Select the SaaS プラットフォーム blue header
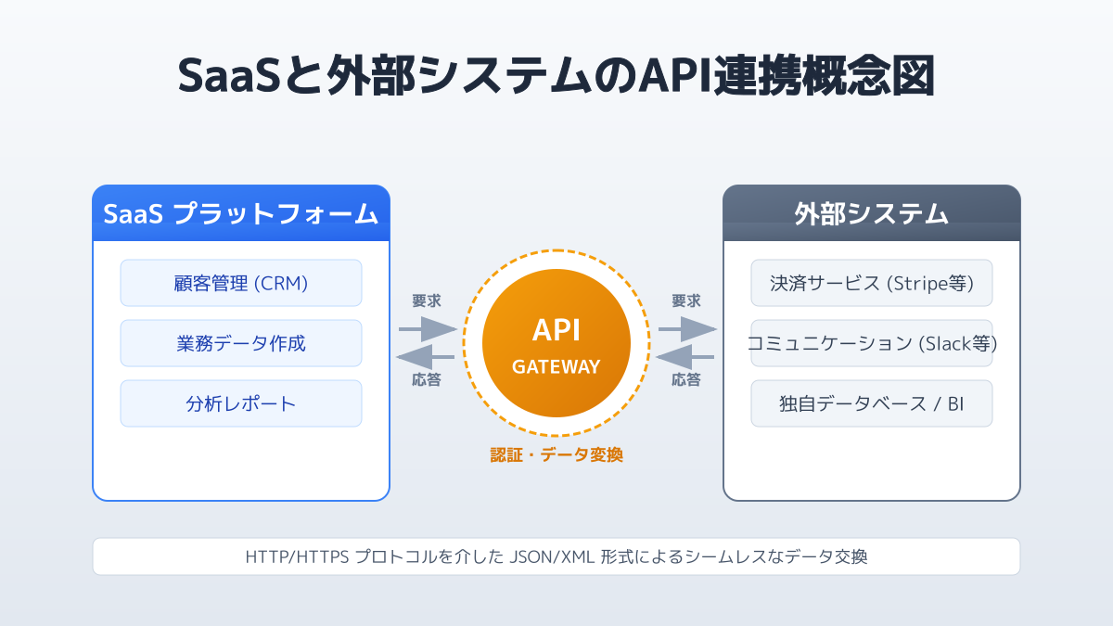point(241,213)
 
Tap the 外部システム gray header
point(871,213)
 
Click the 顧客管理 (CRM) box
point(241,283)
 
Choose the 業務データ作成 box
point(241,343)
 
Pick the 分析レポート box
point(241,403)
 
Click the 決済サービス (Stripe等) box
point(871,283)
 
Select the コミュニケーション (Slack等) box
point(871,343)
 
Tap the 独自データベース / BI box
point(871,403)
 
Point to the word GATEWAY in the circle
point(556,366)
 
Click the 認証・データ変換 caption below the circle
point(556,455)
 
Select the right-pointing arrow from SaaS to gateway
point(428,329)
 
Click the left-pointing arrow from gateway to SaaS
point(426,357)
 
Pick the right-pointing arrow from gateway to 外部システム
point(687,329)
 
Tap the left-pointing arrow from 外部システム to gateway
point(685,357)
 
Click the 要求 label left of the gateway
point(427,300)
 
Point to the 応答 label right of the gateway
point(686,379)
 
